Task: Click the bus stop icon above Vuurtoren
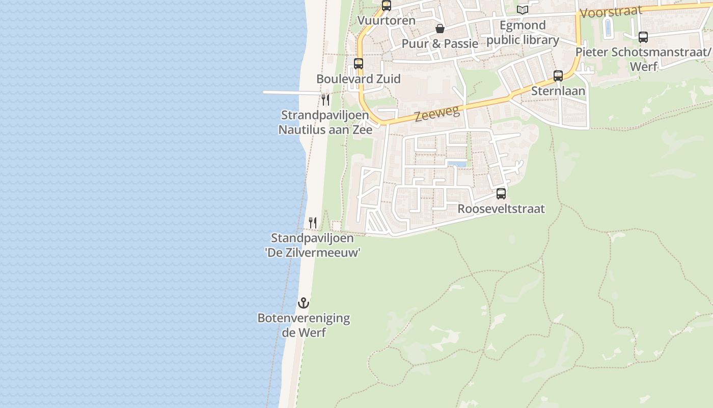(x=387, y=6)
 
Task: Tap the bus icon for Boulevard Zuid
(x=359, y=64)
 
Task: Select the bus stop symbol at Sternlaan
(x=558, y=76)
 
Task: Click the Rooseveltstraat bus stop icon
(x=501, y=194)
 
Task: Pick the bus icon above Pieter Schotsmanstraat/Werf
(x=643, y=37)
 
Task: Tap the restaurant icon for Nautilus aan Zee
(x=325, y=99)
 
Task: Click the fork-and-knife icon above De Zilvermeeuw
(x=313, y=223)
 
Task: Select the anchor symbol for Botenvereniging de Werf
(x=304, y=303)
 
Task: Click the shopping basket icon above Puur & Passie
(x=440, y=29)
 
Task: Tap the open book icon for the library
(x=523, y=10)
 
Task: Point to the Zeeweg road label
(x=437, y=113)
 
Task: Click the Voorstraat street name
(x=611, y=12)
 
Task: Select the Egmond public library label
(x=523, y=33)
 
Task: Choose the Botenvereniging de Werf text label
(x=304, y=325)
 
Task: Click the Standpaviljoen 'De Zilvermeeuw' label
(x=313, y=245)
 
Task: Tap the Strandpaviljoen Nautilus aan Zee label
(x=325, y=122)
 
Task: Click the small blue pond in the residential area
(x=457, y=164)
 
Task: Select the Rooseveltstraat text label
(x=501, y=209)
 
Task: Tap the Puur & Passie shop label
(x=440, y=43)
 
